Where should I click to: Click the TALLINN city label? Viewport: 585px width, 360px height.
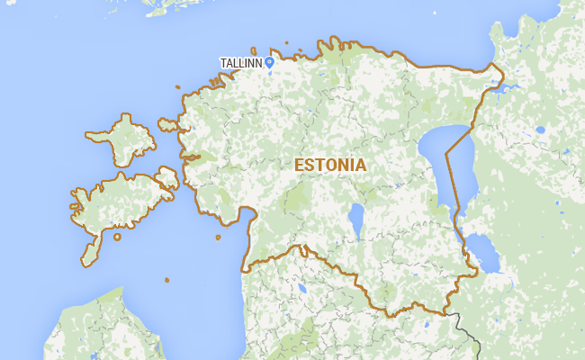click(x=240, y=63)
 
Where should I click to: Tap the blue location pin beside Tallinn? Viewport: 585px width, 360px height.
click(x=269, y=61)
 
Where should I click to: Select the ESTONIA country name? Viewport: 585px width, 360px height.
click(x=330, y=166)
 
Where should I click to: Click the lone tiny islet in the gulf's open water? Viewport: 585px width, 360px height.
click(x=166, y=280)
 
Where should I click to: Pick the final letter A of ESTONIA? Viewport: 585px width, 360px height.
click(x=360, y=166)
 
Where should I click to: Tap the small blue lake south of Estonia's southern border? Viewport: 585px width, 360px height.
click(x=301, y=288)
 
